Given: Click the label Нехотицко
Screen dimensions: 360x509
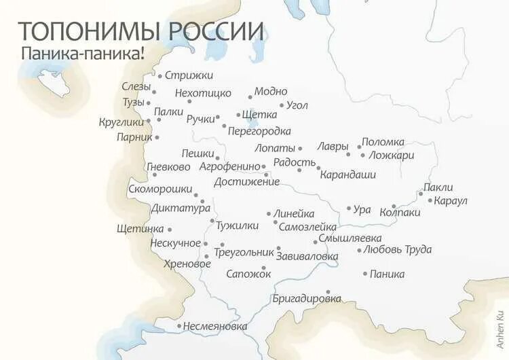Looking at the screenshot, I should click(203, 92).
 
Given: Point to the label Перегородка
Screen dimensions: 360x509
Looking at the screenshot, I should click(259, 130).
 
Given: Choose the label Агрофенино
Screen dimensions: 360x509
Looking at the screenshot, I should click(229, 166).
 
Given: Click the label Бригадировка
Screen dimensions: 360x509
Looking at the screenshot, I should click(306, 298).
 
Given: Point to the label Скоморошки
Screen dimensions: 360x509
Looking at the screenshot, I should click(159, 190).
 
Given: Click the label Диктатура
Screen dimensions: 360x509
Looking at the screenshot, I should click(181, 209).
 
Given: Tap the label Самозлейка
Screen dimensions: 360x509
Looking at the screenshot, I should click(307, 227).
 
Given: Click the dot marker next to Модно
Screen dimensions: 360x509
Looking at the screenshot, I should click(250, 97).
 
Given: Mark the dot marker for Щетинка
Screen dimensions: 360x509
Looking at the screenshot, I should click(170, 230).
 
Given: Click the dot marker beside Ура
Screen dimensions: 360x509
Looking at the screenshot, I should click(349, 209).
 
